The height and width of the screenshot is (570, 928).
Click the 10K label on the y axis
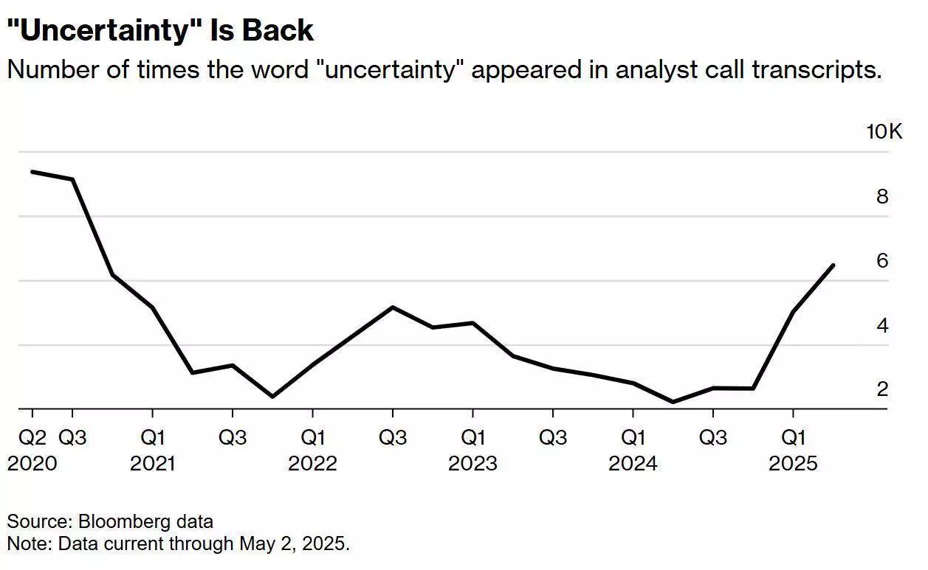point(884,132)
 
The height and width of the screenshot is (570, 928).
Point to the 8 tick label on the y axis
point(882,197)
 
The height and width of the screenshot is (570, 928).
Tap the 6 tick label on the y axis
point(882,261)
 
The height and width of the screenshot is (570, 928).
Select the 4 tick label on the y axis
point(882,325)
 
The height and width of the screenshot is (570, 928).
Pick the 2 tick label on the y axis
point(882,389)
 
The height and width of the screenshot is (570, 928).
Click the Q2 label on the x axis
point(32,438)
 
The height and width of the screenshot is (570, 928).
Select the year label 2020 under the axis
point(32,464)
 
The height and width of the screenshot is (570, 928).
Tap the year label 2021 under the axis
point(152,464)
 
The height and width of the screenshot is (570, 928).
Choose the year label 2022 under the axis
point(312,464)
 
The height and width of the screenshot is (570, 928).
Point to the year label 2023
point(472,464)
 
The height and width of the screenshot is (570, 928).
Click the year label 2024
point(633,464)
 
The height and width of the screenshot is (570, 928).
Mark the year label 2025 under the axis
point(793,464)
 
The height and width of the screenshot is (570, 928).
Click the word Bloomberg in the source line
point(121,522)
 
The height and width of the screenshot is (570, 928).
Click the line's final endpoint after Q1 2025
point(834,265)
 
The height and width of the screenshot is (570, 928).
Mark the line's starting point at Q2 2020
point(32,172)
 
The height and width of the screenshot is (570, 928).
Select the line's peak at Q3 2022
point(392,307)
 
